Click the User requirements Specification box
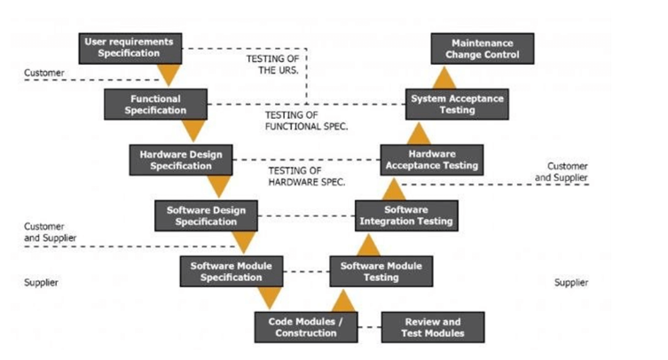click(129, 48)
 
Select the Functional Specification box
click(155, 105)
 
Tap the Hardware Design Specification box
click(181, 160)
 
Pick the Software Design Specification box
click(206, 215)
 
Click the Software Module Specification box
click(231, 271)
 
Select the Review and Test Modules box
click(433, 327)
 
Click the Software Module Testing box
click(381, 271)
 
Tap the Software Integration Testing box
click(407, 215)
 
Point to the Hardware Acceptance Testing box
click(432, 160)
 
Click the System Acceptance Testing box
click(458, 105)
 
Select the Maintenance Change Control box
click(483, 48)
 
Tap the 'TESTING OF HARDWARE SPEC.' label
click(306, 176)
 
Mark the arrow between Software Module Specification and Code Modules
click(269, 298)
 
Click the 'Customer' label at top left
click(43, 72)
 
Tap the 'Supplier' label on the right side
click(570, 283)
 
